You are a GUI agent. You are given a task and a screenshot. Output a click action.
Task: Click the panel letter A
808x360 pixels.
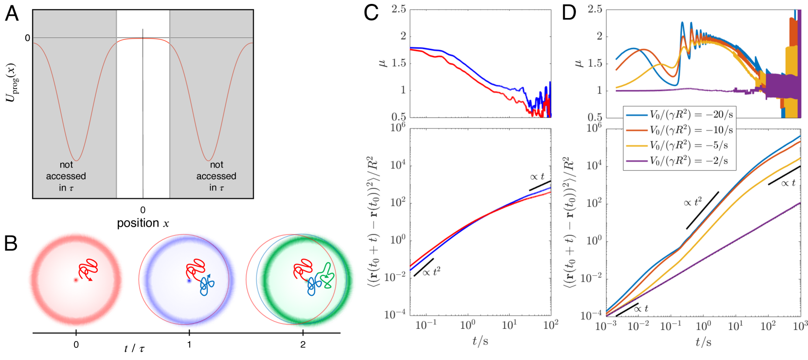(x=12, y=13)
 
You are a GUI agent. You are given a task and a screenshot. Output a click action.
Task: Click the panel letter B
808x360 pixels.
(x=11, y=243)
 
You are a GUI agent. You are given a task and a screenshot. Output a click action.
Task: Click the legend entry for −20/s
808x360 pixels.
(x=678, y=115)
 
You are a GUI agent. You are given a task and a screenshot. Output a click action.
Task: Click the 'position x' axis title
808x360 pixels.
(x=143, y=223)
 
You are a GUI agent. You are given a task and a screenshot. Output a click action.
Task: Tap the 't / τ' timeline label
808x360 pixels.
(x=134, y=348)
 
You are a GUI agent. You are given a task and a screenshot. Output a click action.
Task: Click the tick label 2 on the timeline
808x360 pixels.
(x=303, y=345)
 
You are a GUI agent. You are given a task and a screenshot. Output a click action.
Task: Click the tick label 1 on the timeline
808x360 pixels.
(x=189, y=345)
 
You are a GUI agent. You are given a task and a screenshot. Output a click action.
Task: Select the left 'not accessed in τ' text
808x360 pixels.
(x=66, y=176)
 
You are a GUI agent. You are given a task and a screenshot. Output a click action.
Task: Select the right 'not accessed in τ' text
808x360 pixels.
(x=216, y=176)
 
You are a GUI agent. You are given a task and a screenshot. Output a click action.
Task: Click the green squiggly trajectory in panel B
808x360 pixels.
(x=326, y=275)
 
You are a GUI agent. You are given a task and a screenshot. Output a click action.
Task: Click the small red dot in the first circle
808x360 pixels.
(x=75, y=280)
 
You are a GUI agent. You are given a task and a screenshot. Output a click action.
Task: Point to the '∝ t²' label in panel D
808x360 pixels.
(x=693, y=202)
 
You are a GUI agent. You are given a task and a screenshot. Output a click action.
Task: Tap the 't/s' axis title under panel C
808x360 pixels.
(x=480, y=341)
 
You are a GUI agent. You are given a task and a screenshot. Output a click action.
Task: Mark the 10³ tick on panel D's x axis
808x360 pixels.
(x=800, y=326)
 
